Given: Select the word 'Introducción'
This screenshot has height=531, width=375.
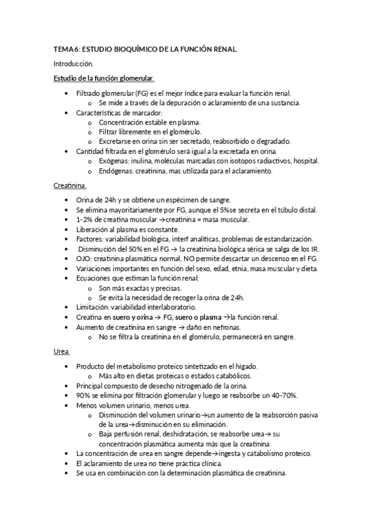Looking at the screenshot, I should tap(73, 63).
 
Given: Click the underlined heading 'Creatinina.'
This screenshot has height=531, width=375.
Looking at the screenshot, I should tap(69, 185).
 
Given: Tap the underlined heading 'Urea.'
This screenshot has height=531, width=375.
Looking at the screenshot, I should tap(61, 352).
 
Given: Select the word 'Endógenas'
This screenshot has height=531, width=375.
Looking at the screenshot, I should tap(118, 170).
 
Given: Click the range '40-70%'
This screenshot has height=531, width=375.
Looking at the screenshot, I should tap(284, 396).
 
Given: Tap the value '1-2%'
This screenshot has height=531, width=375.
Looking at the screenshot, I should tap(85, 219).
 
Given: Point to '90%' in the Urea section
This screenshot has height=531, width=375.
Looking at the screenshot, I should tap(84, 396).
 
